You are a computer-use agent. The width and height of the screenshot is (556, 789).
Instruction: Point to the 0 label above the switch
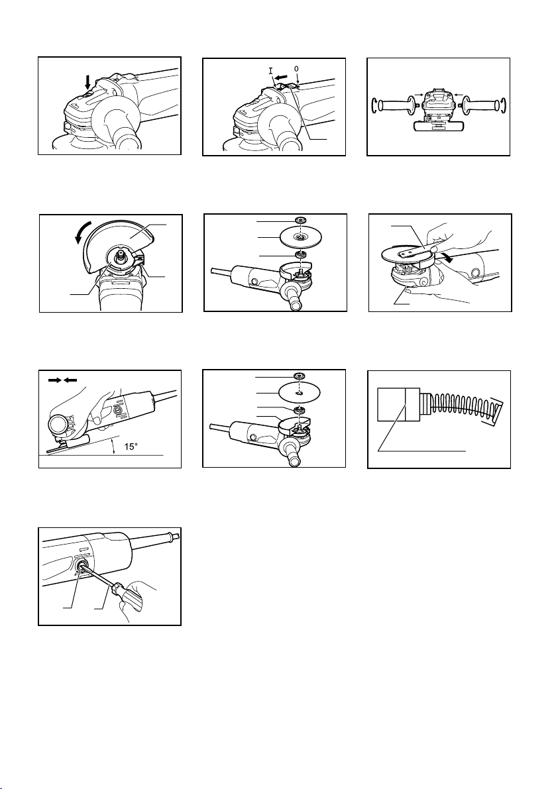(296, 68)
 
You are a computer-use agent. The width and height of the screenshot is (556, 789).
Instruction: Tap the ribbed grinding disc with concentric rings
(301, 236)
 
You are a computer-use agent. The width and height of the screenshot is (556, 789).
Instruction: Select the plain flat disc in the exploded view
(299, 391)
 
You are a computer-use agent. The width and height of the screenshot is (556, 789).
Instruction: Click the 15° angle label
(131, 446)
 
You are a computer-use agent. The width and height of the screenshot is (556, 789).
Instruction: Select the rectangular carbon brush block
(398, 405)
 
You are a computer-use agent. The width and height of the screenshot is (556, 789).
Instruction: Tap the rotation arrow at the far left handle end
(373, 107)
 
